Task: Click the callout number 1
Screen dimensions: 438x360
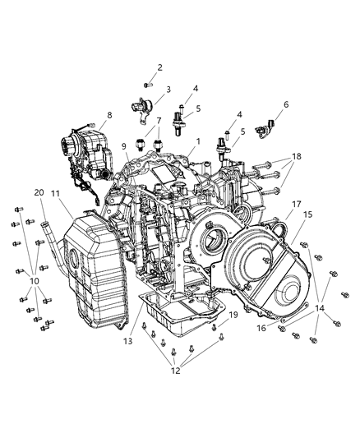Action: click(198, 141)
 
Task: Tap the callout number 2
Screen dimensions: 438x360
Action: click(159, 67)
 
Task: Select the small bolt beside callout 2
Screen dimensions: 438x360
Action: click(147, 83)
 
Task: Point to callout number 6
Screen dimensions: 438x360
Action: click(286, 104)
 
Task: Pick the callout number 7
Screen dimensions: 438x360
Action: click(159, 121)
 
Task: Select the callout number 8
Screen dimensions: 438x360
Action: click(108, 116)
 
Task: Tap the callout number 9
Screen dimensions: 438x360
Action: click(125, 146)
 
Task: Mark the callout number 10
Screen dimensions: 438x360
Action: click(34, 282)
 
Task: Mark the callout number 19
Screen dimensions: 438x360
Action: click(233, 314)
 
